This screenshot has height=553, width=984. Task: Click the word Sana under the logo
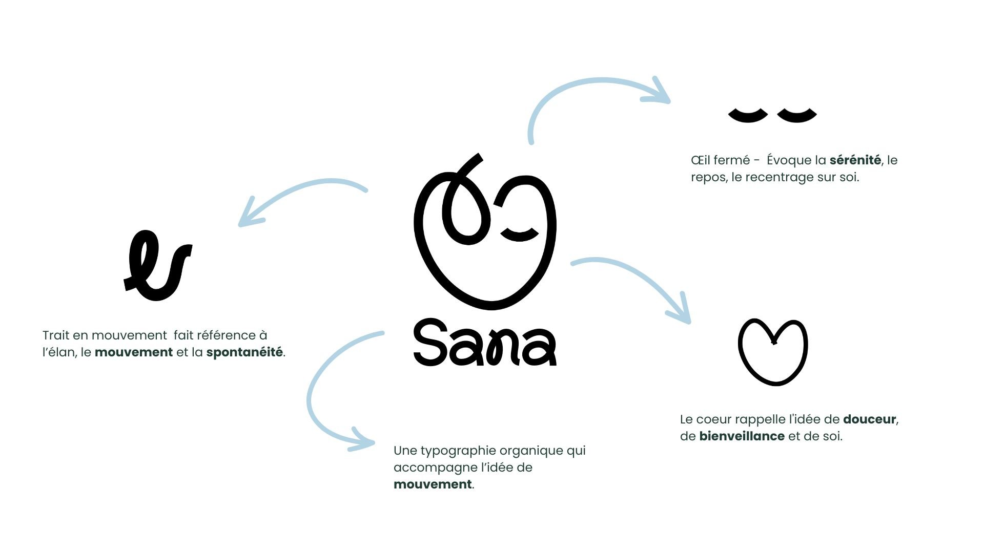[x=485, y=342]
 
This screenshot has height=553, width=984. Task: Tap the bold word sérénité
[x=855, y=160]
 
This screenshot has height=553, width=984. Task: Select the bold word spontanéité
[x=244, y=353]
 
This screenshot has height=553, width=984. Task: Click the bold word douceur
[x=869, y=419]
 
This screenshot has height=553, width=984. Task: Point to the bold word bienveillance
[x=742, y=436]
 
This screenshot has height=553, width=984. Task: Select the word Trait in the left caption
[x=56, y=335]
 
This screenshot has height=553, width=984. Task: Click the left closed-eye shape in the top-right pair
[x=748, y=115]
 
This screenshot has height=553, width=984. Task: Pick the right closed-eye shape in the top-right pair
[x=797, y=115]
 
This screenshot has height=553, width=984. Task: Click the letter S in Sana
[x=429, y=342]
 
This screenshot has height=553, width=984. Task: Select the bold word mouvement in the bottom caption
[x=433, y=484]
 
